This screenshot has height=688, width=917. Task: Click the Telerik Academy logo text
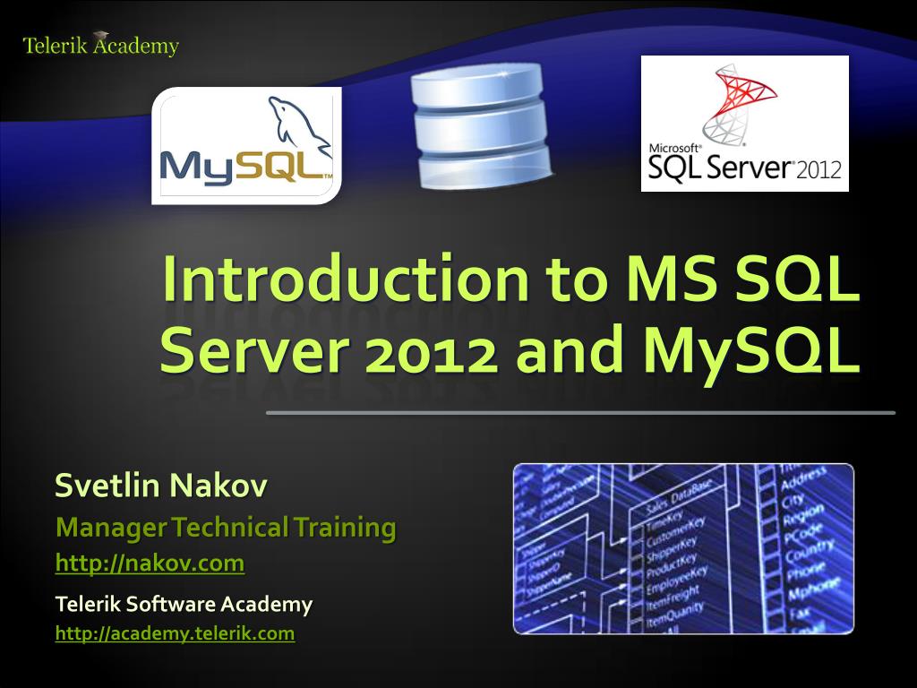pos(100,46)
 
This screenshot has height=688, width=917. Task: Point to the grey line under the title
pos(580,413)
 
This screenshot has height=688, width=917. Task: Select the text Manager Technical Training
pos(226,528)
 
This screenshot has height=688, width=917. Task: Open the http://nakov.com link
pos(150,563)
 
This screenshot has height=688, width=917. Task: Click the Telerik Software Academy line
pos(184,605)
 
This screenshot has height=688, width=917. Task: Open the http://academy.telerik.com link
pos(175,633)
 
